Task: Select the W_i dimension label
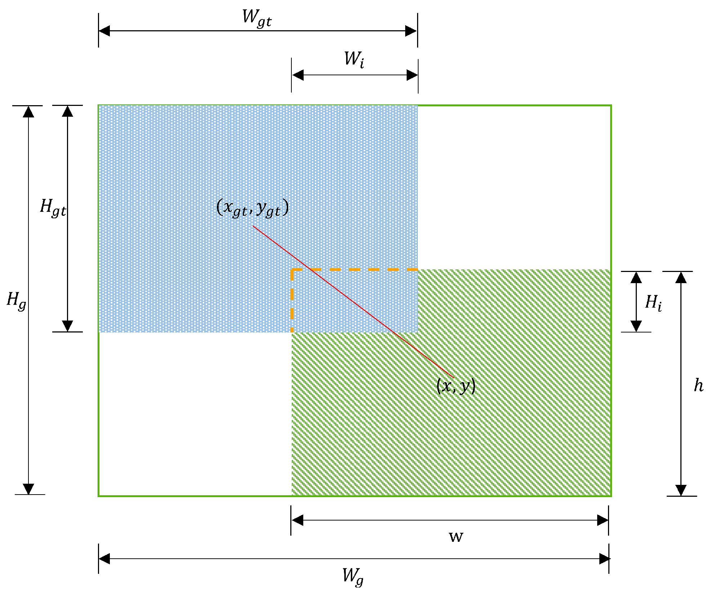coord(354,59)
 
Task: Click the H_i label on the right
coord(653,303)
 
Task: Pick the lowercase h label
coord(698,385)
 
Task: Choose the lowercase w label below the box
coord(456,537)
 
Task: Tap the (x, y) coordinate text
coord(456,386)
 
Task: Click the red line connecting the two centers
coord(353,302)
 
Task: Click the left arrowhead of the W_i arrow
coord(298,75)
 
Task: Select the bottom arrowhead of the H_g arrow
coord(28,488)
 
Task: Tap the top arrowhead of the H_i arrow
coord(636,277)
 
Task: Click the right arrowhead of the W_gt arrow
coord(411,31)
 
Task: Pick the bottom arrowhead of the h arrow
coord(680,490)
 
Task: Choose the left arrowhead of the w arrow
coord(298,520)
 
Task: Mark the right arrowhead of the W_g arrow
coord(604,559)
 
